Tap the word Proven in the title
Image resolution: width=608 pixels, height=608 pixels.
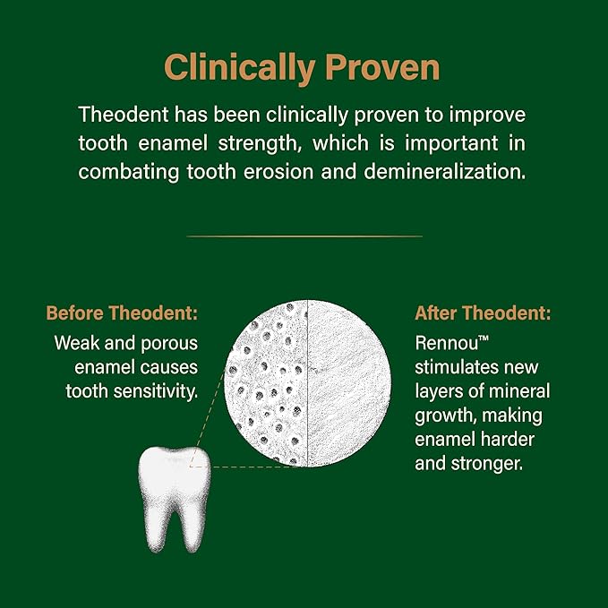[382, 67]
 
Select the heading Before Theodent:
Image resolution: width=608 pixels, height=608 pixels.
[122, 314]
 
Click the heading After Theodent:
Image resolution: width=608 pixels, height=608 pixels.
[483, 314]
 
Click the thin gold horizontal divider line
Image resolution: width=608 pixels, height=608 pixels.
[304, 235]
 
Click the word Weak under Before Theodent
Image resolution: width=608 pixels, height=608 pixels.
[76, 343]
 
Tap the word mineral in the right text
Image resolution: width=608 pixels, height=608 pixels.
[518, 391]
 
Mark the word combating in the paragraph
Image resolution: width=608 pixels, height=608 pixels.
[120, 172]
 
